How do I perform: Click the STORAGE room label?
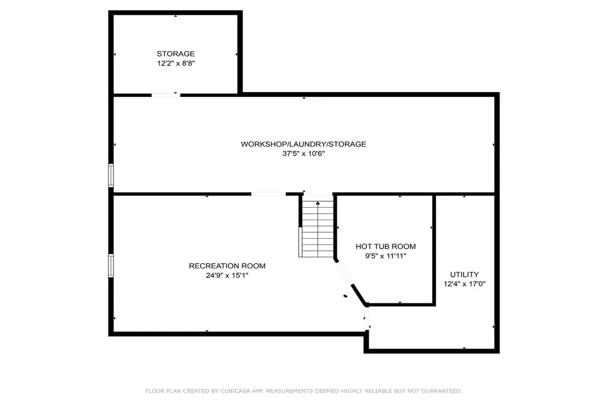[175, 54]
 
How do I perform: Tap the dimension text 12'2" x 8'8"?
[175, 63]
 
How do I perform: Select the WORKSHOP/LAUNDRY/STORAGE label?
[303, 144]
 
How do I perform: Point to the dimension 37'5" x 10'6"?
[303, 153]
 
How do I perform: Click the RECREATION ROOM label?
[227, 265]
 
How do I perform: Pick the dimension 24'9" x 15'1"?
[227, 275]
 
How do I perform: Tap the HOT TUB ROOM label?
[385, 246]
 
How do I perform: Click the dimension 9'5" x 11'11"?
[385, 255]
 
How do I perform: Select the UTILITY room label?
[464, 274]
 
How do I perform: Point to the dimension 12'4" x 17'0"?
[464, 284]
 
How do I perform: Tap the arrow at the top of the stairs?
[318, 204]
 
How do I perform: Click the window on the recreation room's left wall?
[110, 265]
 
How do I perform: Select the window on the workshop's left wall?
[110, 176]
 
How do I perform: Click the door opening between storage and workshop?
[166, 94]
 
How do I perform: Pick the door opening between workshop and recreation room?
[268, 194]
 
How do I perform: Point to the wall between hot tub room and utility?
[434, 249]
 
